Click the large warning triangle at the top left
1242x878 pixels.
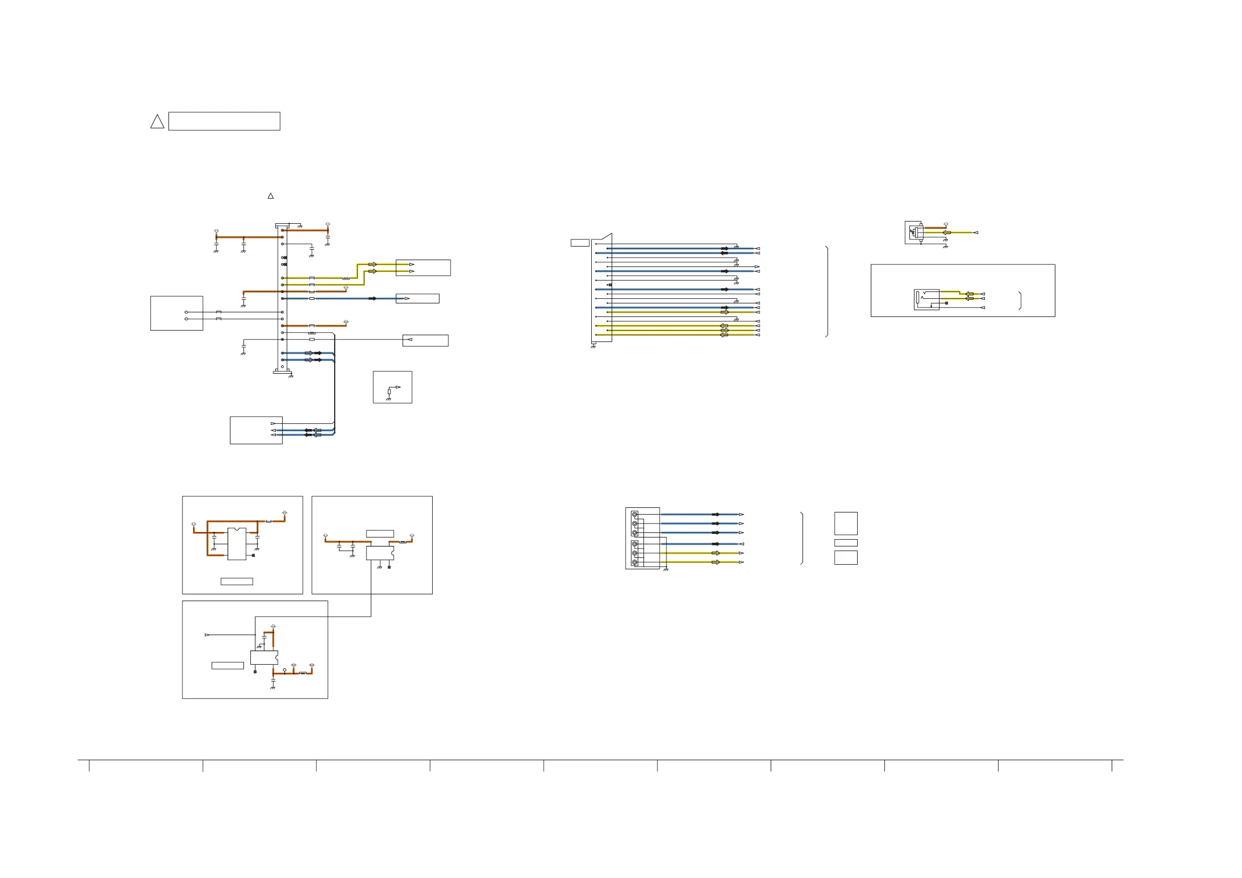point(157,121)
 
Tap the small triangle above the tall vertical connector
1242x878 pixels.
point(271,196)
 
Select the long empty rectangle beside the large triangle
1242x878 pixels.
point(224,121)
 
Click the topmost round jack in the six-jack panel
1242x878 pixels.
point(635,515)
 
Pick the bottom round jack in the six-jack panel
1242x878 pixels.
point(635,563)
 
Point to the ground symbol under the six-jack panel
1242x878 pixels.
point(665,570)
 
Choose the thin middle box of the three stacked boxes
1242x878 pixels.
point(846,543)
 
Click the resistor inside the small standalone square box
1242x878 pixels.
point(389,391)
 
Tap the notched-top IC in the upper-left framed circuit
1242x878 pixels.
point(237,543)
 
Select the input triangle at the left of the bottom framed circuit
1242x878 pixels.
point(207,635)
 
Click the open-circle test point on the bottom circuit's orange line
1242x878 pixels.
point(285,670)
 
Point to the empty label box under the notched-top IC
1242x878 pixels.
point(236,581)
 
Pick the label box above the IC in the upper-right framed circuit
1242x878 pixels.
point(380,533)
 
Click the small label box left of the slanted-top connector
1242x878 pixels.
point(580,243)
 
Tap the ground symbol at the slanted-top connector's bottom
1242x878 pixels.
point(593,346)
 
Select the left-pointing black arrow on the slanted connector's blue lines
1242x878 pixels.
point(724,253)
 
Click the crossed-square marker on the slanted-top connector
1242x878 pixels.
point(610,285)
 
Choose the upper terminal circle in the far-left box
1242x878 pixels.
point(187,312)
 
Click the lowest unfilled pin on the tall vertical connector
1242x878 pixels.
point(282,367)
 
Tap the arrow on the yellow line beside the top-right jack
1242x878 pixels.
point(947,233)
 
